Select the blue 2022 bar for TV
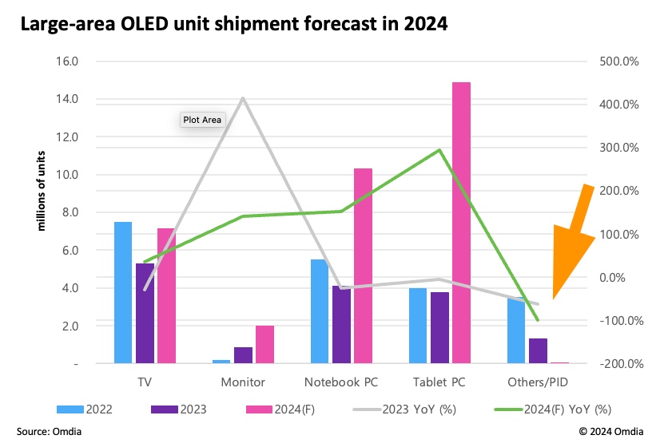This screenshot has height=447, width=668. coord(123,292)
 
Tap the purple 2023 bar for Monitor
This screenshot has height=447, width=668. coord(243,354)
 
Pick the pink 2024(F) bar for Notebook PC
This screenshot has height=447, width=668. coord(363,266)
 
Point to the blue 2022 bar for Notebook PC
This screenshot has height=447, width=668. coord(319,311)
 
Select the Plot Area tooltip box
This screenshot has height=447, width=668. coord(203,120)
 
